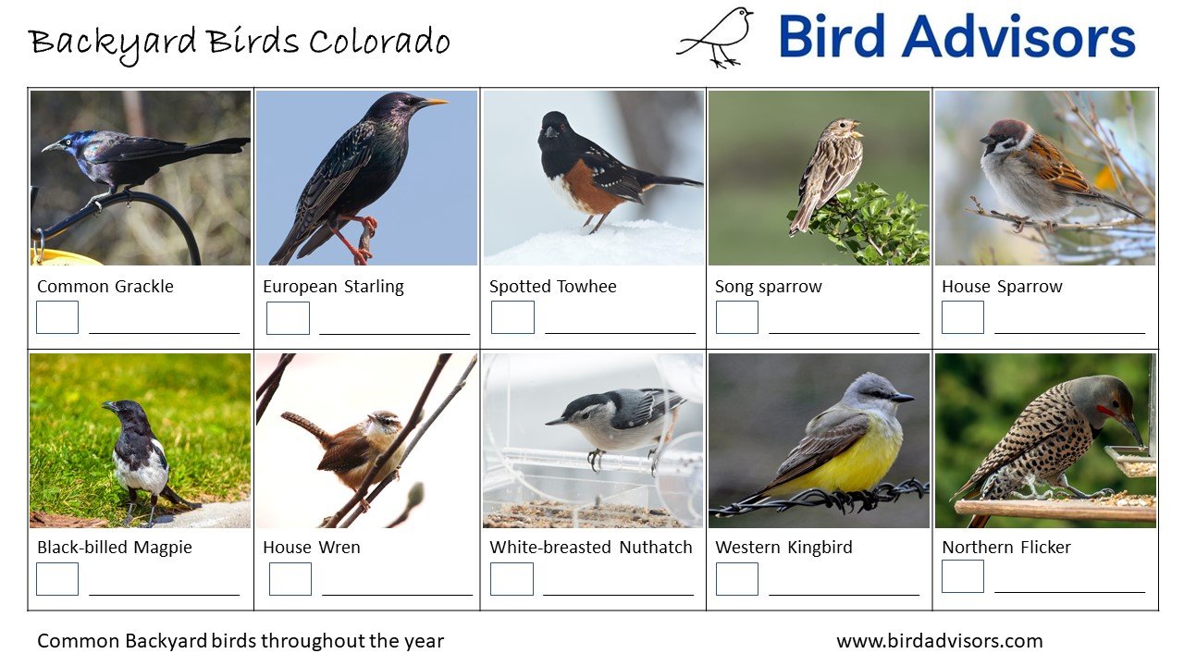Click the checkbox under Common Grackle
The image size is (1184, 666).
[x=57, y=317]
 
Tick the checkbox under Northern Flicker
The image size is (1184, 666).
[x=963, y=576]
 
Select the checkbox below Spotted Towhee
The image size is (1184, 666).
[x=512, y=317]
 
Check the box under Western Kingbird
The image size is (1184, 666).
[x=737, y=579]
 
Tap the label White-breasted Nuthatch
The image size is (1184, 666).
[x=590, y=548]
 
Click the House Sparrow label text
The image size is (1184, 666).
[x=1002, y=287]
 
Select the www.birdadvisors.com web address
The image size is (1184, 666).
[x=939, y=641]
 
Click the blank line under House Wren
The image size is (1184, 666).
[x=397, y=594]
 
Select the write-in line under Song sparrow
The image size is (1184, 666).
[x=844, y=332]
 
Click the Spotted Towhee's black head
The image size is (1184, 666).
[x=556, y=130]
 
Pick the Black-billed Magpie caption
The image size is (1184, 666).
[x=115, y=548]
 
